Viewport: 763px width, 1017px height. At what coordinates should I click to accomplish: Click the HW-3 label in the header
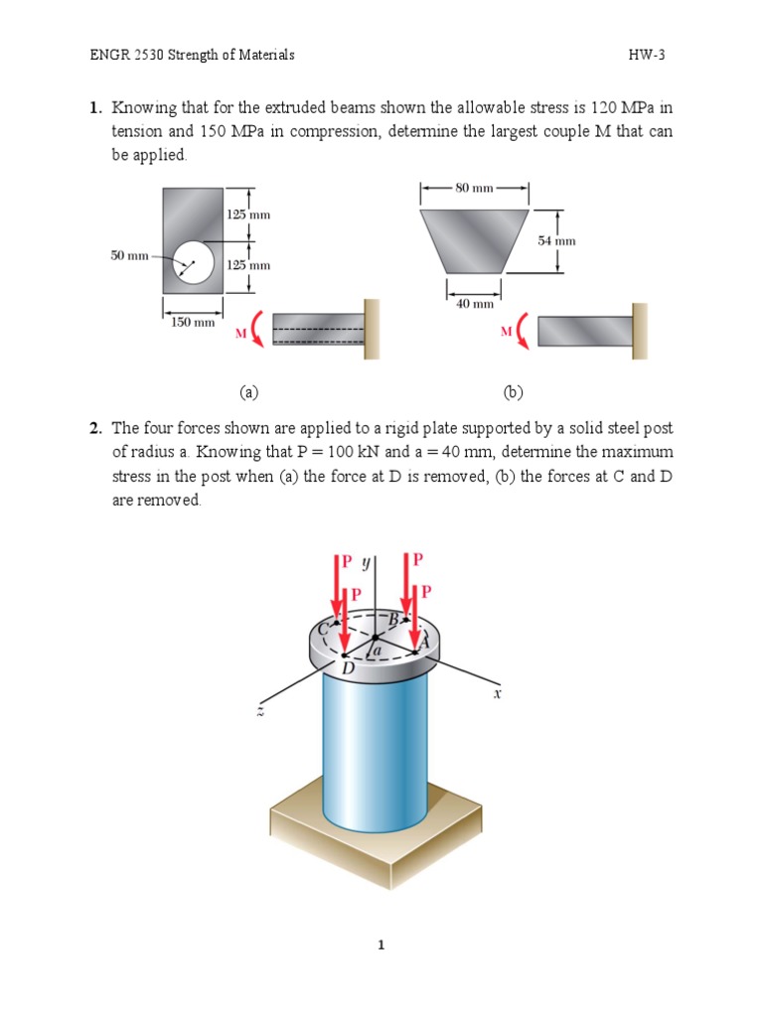(x=646, y=56)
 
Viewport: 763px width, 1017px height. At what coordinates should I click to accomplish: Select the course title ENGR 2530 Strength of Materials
(x=193, y=56)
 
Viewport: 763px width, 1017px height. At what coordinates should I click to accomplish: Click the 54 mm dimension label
(x=556, y=240)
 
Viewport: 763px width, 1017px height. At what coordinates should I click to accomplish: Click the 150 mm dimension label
(x=193, y=322)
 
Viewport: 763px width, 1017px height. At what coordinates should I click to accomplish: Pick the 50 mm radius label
(x=129, y=256)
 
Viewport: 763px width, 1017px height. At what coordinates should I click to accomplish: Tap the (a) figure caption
(x=248, y=392)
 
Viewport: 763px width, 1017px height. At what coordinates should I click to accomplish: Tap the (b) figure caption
(x=513, y=392)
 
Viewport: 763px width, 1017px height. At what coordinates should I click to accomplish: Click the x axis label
(x=497, y=696)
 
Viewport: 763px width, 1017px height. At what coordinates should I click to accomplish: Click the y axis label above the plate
(x=365, y=562)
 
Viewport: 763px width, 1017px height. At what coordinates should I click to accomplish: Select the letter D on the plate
(x=348, y=669)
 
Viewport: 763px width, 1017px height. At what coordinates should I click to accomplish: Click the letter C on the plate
(x=321, y=628)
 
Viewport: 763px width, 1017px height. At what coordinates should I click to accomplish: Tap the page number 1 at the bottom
(x=381, y=944)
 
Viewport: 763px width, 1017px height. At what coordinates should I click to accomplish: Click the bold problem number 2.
(x=94, y=428)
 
